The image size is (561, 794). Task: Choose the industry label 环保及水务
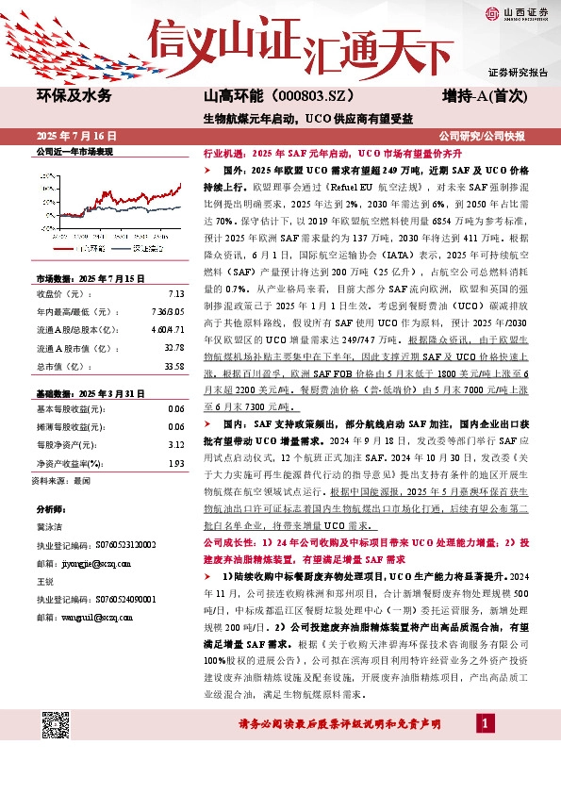[74, 96]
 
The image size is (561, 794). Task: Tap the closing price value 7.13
[175, 293]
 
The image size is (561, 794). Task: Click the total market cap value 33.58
[173, 366]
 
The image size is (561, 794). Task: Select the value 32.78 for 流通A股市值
[173, 348]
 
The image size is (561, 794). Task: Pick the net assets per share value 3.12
[175, 444]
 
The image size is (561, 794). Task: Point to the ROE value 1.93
[175, 462]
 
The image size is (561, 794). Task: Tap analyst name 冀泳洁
[50, 529]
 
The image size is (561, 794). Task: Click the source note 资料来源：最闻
[62, 480]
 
